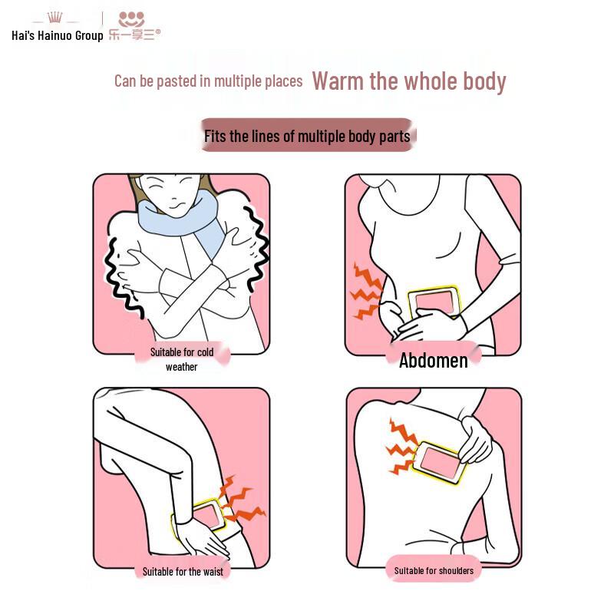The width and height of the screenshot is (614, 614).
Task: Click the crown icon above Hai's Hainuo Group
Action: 54,17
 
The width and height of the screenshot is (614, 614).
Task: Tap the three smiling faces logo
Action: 131,19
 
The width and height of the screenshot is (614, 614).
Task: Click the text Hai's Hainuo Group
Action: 57,35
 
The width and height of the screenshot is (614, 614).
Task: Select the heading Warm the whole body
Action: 409,81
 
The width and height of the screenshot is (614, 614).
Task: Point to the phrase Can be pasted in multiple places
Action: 208,81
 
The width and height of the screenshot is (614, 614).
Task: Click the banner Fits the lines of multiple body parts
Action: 307,136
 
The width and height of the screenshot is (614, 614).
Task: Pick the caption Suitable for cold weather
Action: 182,359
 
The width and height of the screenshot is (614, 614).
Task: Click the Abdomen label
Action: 433,360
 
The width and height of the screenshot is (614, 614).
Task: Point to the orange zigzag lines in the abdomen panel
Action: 366,291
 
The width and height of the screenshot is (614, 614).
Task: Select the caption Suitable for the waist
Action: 183,572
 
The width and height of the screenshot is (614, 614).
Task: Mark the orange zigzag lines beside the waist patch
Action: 242,500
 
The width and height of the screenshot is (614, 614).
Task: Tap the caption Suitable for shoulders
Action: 434,571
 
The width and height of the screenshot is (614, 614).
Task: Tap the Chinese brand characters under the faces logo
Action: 134,35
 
